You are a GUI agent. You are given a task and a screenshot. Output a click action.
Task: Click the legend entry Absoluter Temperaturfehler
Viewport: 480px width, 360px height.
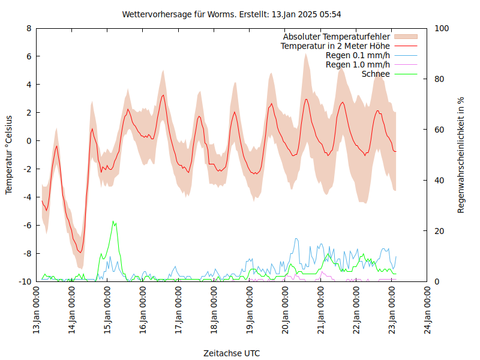[336, 36]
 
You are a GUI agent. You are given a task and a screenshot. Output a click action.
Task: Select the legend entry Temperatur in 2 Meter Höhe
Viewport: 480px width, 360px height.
[335, 46]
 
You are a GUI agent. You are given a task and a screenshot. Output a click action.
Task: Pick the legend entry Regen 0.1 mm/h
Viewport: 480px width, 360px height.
[358, 55]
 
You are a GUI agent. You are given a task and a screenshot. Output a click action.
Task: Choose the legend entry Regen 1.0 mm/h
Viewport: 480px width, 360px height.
[358, 65]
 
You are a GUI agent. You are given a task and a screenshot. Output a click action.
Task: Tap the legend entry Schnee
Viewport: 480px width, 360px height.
[376, 74]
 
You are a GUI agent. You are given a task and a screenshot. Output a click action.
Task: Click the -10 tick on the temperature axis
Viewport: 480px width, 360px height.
[25, 281]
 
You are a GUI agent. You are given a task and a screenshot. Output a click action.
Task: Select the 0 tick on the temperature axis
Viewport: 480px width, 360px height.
[29, 141]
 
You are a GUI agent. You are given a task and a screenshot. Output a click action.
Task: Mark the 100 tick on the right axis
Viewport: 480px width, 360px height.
[442, 28]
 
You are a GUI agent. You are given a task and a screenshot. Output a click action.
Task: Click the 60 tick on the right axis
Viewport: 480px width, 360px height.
[440, 130]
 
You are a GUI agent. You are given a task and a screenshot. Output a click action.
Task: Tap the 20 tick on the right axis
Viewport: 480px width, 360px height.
[440, 231]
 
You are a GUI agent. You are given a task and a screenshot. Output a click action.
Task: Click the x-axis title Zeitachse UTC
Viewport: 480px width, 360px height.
[232, 353]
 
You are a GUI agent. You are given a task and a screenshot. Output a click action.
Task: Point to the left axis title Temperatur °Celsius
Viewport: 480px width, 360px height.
[9, 154]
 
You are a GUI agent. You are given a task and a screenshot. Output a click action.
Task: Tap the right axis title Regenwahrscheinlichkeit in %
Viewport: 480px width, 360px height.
[461, 155]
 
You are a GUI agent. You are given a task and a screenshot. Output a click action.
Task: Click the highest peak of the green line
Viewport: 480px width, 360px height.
[113, 221]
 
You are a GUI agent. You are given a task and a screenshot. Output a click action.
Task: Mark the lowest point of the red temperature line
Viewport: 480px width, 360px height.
[80, 253]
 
